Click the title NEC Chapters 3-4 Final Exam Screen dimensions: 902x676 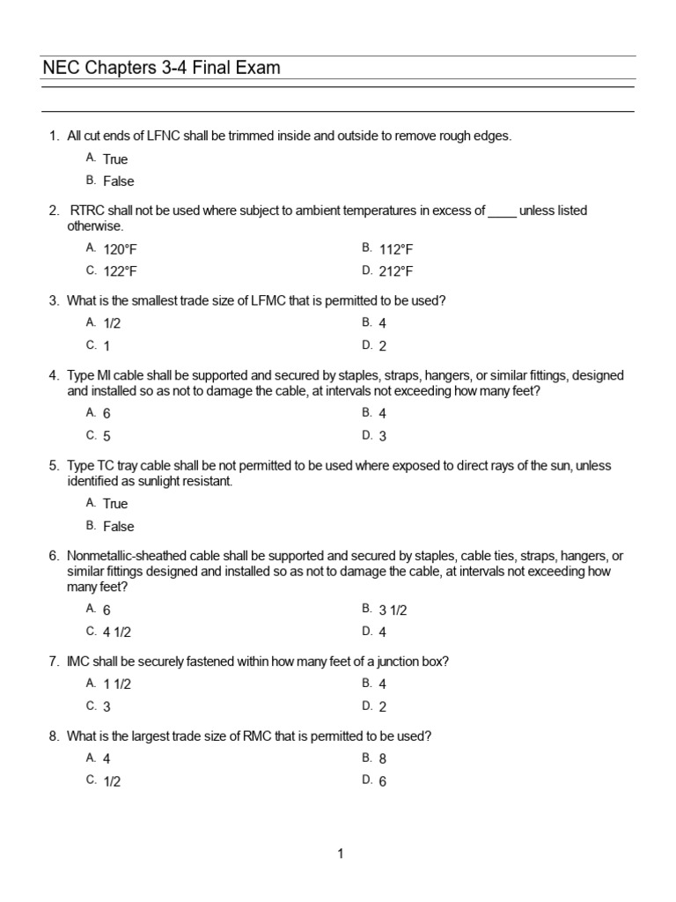(x=162, y=68)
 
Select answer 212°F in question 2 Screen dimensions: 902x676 (x=395, y=271)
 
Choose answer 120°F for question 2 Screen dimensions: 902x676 (x=120, y=249)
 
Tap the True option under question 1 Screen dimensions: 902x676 (x=115, y=159)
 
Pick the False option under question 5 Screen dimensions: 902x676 (x=119, y=527)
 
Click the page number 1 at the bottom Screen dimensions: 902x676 (x=340, y=854)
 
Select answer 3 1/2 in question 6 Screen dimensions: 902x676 (x=393, y=610)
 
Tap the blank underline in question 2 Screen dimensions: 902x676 (x=502, y=211)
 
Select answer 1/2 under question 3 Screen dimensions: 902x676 (x=112, y=323)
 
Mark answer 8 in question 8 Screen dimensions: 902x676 (x=383, y=758)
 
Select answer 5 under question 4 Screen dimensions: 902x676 (x=107, y=436)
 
